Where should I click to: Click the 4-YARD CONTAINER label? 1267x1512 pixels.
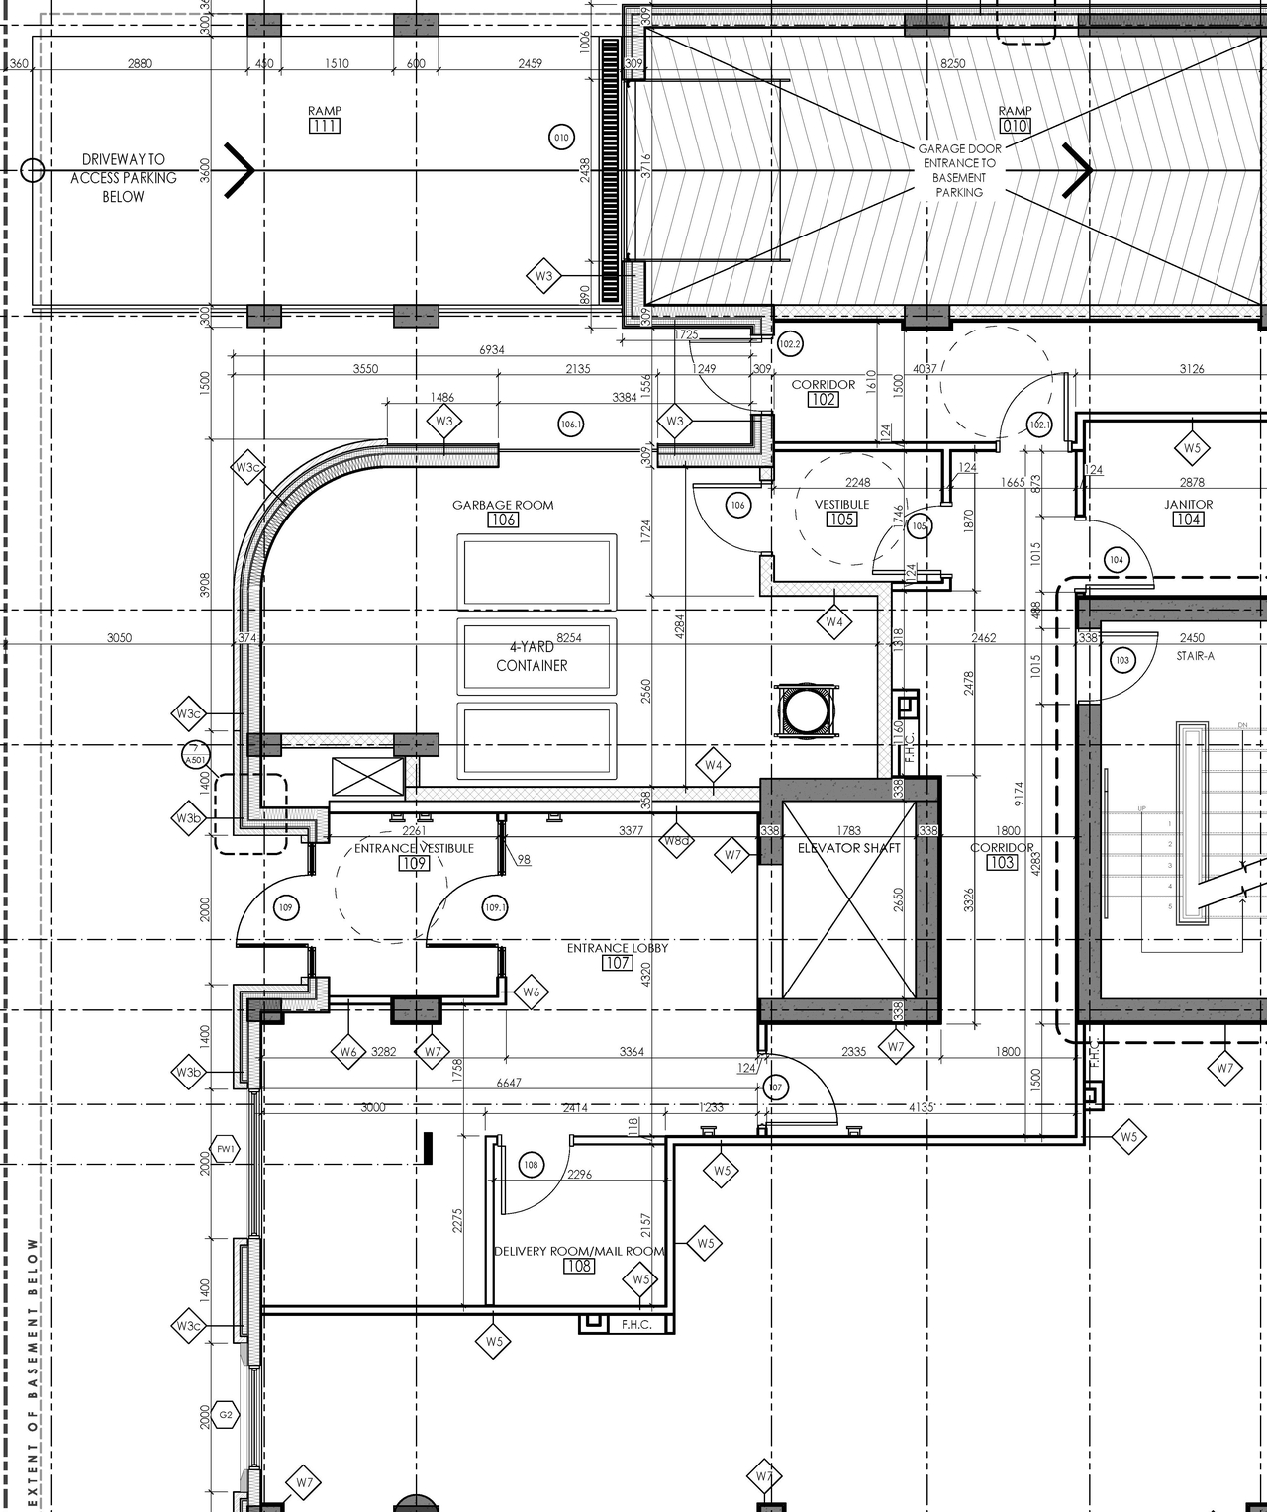[x=532, y=656]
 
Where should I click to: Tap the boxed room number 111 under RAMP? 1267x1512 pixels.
[x=324, y=126]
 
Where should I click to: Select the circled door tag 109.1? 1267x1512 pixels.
[x=495, y=907]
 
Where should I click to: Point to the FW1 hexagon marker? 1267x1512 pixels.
[x=226, y=1150]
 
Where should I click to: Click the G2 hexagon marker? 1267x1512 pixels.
[x=226, y=1415]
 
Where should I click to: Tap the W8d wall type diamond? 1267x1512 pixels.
[x=677, y=841]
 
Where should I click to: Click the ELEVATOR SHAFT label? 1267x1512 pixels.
[x=848, y=848]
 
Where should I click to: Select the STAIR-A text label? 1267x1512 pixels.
[x=1195, y=656]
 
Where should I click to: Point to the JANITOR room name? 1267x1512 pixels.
[x=1188, y=504]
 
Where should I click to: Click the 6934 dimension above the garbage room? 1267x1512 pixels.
[x=492, y=350]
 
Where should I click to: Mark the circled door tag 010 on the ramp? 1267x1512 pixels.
[x=561, y=138]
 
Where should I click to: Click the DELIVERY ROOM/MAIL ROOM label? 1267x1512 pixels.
[x=579, y=1251]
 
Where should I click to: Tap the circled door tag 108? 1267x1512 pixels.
[x=531, y=1165]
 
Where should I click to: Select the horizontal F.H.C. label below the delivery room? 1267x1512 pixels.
[x=636, y=1324]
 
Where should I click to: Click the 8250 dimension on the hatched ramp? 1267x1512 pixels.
[x=952, y=63]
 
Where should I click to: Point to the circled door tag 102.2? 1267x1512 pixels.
[x=790, y=344]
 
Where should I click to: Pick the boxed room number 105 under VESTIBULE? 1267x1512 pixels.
[x=840, y=520]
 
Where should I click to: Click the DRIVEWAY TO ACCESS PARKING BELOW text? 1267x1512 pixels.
[x=124, y=178]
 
